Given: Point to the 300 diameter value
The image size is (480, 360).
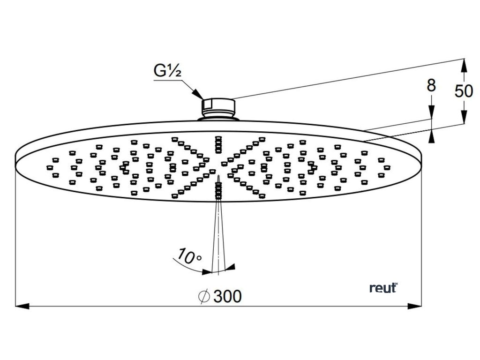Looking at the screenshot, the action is (227, 296).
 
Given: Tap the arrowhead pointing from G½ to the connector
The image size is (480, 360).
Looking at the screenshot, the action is (199, 95).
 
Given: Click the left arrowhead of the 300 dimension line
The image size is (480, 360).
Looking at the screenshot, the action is (22, 306).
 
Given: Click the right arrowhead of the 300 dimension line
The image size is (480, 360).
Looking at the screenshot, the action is (415, 306).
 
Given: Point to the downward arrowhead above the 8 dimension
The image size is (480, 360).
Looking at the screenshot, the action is (432, 112).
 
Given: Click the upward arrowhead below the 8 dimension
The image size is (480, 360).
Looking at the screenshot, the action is (432, 136).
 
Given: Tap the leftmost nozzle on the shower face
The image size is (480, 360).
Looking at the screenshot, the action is (49, 165).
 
